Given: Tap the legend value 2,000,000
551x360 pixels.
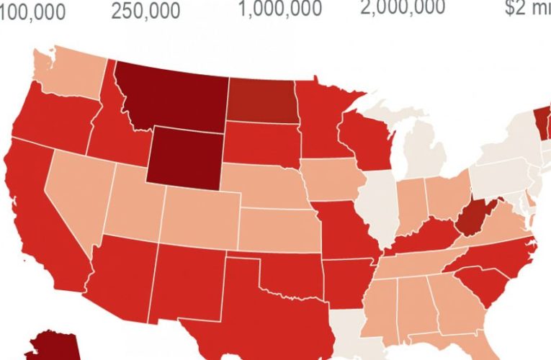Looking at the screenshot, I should (403, 7).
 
